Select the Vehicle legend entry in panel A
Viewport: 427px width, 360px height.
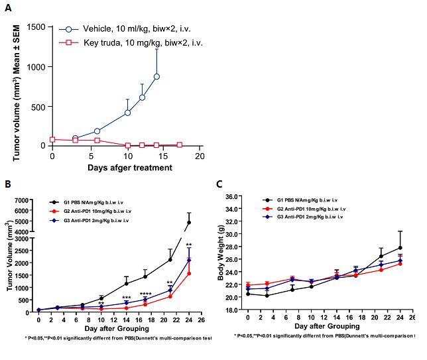point(133,30)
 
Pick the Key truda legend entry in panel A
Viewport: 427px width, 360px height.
point(133,43)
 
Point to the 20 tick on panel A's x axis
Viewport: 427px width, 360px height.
point(199,156)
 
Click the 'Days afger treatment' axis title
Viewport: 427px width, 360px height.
point(129,167)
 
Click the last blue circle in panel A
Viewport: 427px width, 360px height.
point(157,76)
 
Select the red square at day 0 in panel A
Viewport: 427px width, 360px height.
point(52,139)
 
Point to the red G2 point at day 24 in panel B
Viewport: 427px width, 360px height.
point(189,273)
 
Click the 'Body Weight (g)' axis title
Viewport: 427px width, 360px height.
point(221,253)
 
